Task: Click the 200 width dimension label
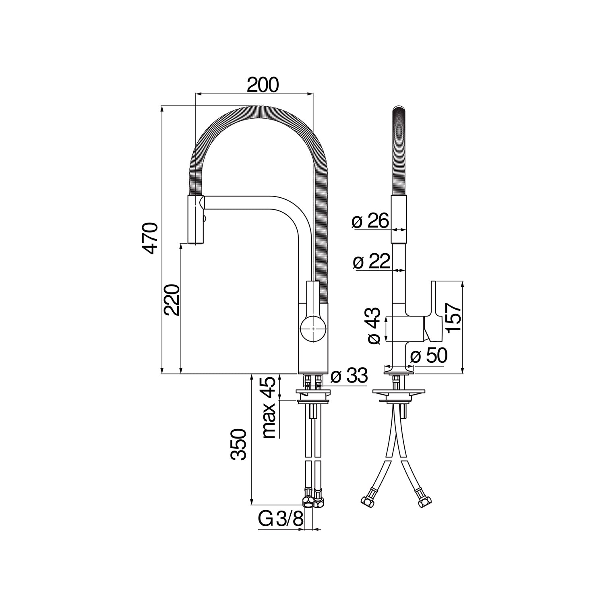tap(262, 85)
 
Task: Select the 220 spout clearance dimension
tap(171, 300)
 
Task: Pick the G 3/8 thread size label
tap(280, 519)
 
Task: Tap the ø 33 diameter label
tap(349, 376)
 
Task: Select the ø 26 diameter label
tap(370, 221)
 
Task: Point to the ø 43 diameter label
tap(374, 326)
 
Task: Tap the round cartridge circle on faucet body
tap(313, 329)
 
